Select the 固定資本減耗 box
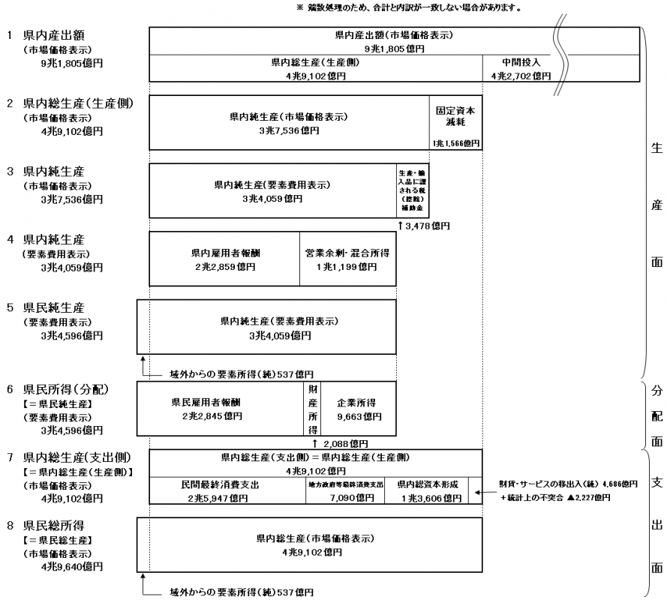[x=455, y=122]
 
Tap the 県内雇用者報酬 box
[x=224, y=259]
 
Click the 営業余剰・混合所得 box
[x=347, y=259]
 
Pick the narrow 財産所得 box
[x=312, y=409]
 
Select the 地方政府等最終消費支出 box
[x=345, y=490]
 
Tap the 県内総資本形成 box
[x=426, y=490]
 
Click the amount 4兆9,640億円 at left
[x=72, y=566]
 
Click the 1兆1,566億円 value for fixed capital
[x=455, y=143]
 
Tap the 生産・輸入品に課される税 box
[x=412, y=190]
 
